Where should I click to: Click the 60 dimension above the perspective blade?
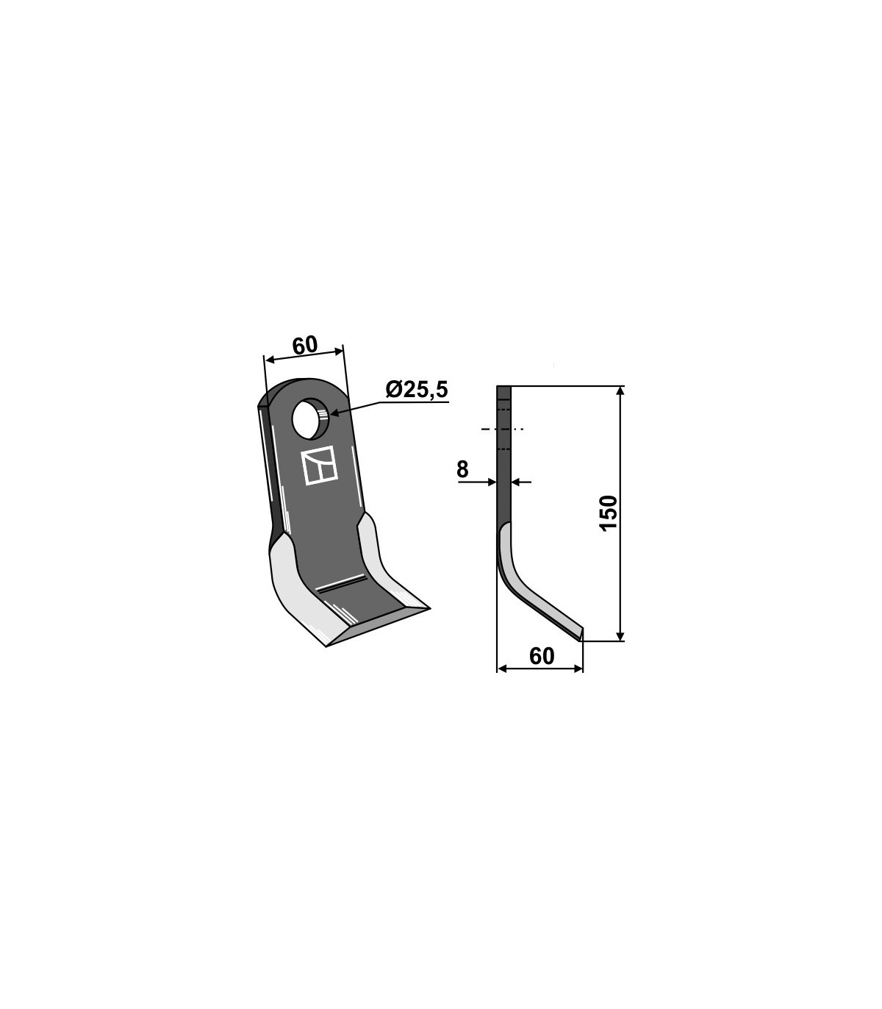(x=304, y=345)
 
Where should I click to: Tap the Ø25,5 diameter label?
(x=417, y=390)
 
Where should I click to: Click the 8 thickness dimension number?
(x=462, y=469)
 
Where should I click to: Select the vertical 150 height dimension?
(x=609, y=513)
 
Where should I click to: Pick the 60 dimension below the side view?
(x=542, y=657)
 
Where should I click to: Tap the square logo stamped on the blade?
(x=319, y=466)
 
